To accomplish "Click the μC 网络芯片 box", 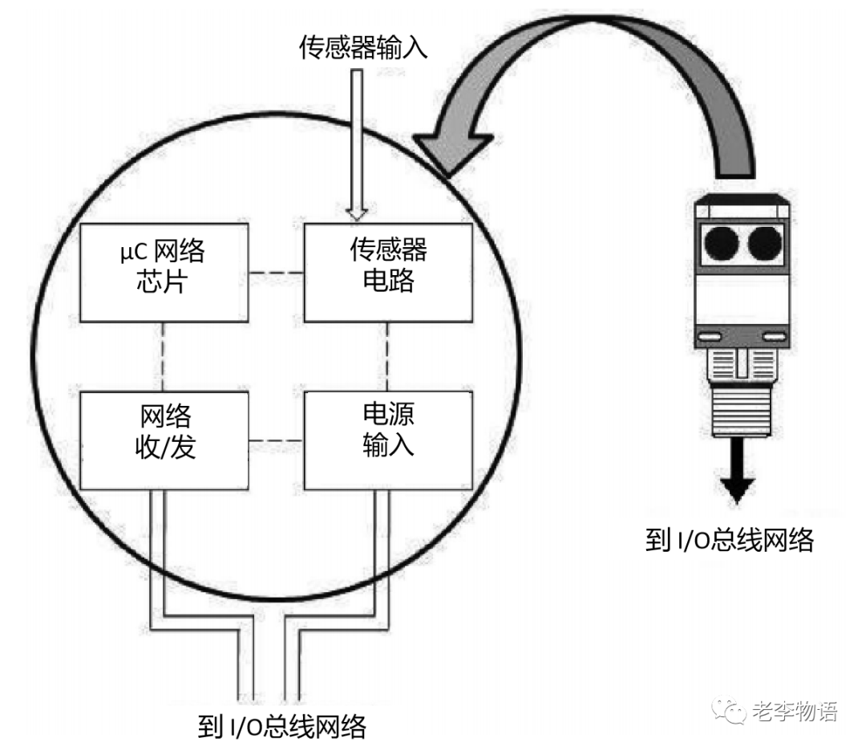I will [x=164, y=273].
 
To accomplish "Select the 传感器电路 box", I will [x=388, y=273].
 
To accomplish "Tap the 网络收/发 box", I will [x=164, y=440].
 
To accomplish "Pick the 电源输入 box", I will [x=388, y=440].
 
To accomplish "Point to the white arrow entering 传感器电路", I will [x=358, y=144].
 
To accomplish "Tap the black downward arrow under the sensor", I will [x=736, y=485].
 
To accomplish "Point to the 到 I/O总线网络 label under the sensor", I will [x=729, y=540].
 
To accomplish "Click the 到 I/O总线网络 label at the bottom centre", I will [x=281, y=727].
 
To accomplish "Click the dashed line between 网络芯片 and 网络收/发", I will [x=164, y=357].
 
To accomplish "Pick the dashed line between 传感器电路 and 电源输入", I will [x=388, y=357].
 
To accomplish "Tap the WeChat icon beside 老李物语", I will [x=732, y=712].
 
